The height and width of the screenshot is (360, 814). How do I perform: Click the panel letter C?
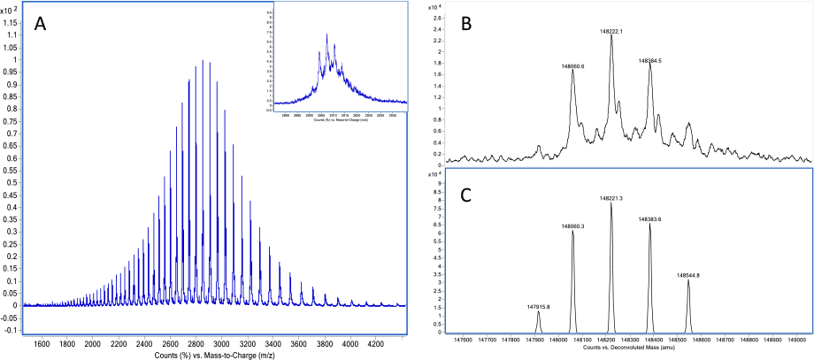coord(469,193)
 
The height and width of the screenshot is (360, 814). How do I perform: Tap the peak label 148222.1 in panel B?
coord(611,31)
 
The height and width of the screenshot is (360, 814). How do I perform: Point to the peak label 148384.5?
coord(651,61)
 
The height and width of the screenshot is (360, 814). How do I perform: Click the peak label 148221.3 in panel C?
coord(610,198)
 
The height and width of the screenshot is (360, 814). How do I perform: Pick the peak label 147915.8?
coord(538,306)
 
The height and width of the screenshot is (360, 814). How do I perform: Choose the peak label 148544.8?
coord(688,275)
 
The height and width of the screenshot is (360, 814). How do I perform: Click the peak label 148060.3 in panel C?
coord(574,227)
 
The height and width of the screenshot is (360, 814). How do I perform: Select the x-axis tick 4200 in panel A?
coord(372,344)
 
